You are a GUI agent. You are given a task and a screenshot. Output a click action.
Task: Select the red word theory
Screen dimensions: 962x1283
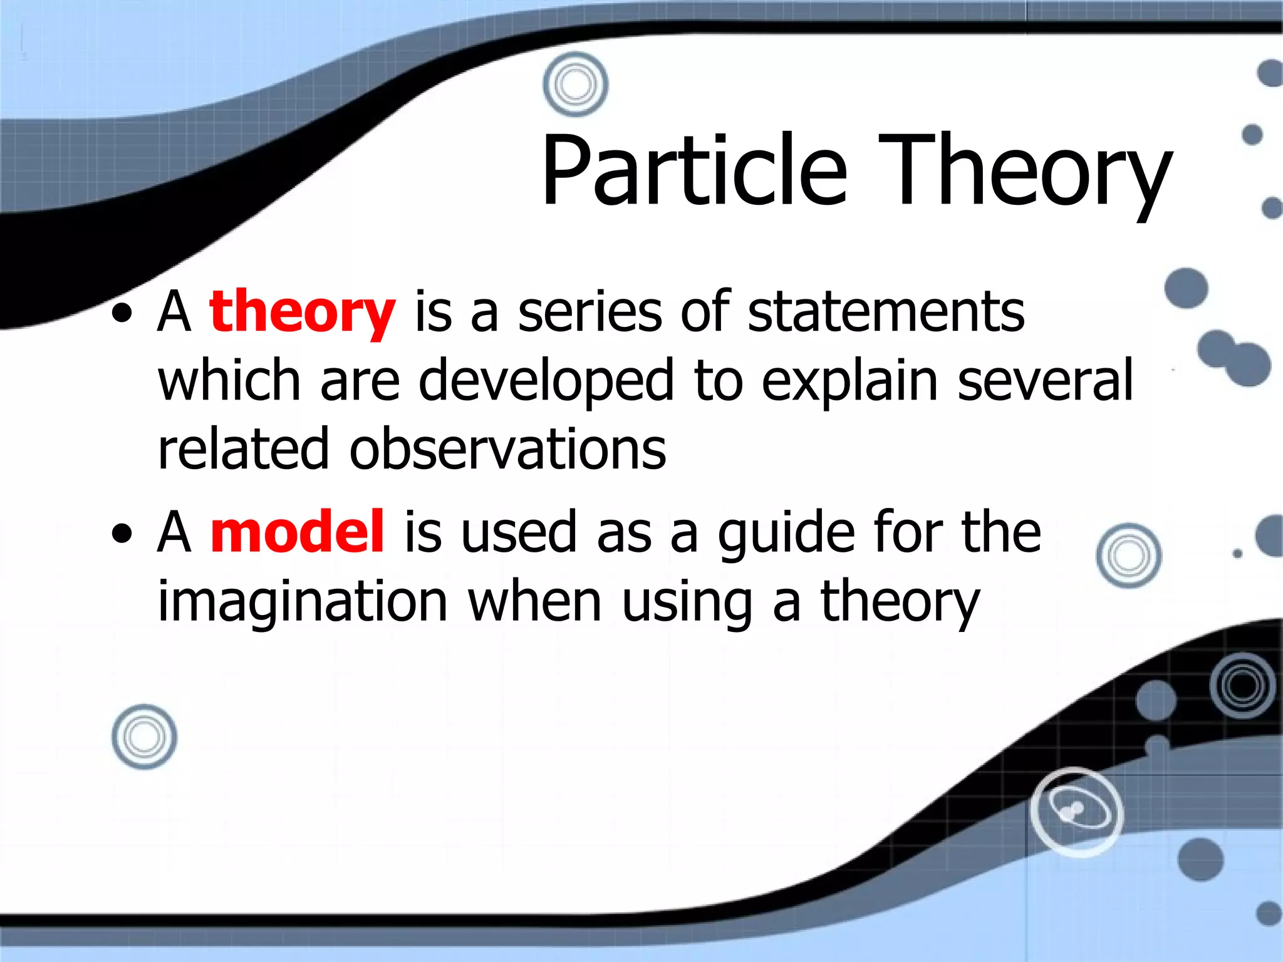(302, 312)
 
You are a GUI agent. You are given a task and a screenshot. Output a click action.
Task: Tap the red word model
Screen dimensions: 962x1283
(297, 532)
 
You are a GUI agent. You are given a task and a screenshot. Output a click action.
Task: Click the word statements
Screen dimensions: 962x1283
(886, 312)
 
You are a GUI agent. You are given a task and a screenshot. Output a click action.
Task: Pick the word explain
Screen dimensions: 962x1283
(849, 381)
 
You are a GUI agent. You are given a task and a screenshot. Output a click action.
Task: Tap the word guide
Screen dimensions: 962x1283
(786, 532)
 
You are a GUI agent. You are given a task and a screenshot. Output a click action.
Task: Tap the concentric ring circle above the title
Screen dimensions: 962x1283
(575, 85)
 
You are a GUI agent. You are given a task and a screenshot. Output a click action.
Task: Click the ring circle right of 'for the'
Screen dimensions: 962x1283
(1128, 556)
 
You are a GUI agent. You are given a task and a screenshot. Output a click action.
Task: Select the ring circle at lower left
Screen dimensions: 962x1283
(144, 737)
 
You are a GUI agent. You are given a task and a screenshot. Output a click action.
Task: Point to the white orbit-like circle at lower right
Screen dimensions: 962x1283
(1076, 812)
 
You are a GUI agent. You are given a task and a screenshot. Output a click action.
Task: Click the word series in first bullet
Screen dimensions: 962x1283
(590, 312)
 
